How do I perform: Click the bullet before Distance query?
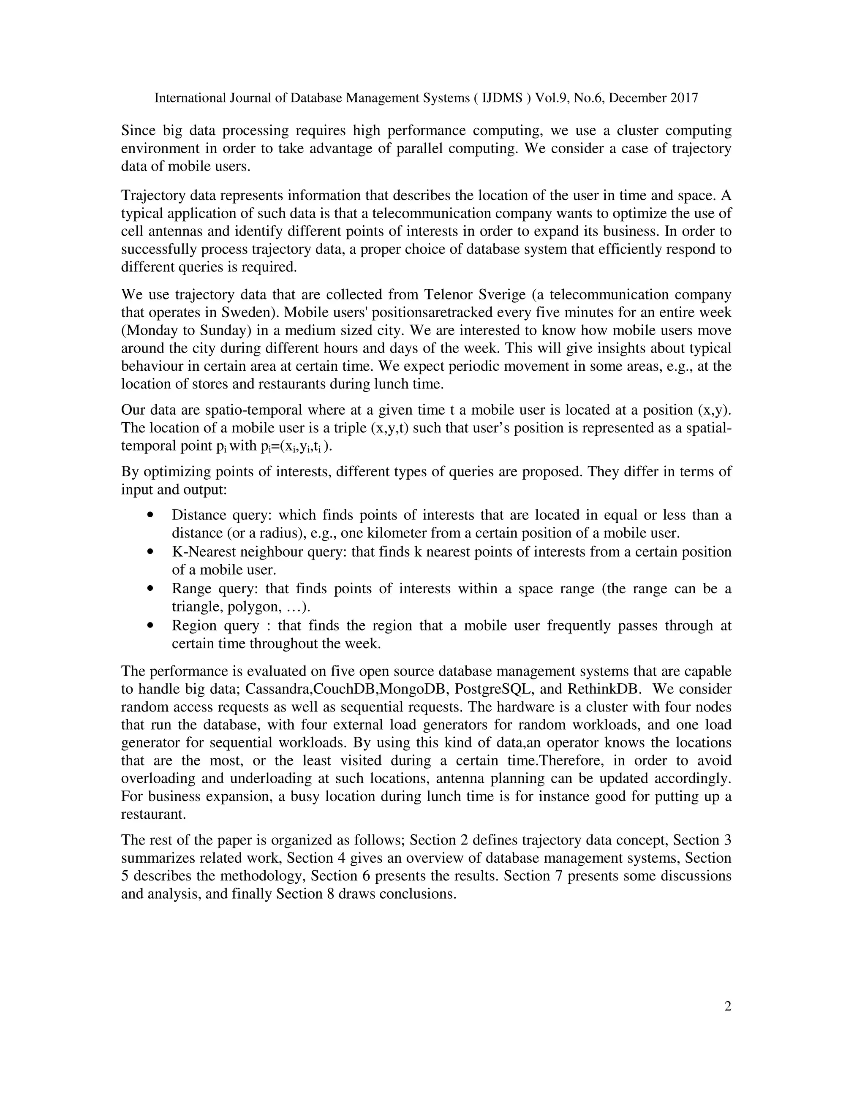pos(150,515)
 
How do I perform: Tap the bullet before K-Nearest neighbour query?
pos(150,552)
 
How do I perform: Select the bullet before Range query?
pos(150,589)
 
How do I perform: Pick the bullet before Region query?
pos(150,626)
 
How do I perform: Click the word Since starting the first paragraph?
pos(139,130)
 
